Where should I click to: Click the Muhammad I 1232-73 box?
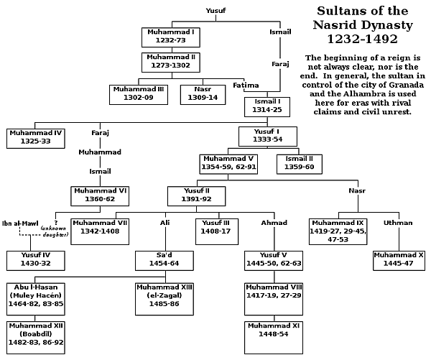click(170, 37)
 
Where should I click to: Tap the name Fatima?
click(246, 86)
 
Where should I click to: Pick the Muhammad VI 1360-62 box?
click(98, 195)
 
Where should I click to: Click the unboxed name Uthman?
click(397, 223)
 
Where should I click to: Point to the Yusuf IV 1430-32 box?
click(34, 259)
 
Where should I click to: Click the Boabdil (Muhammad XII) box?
click(34, 334)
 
